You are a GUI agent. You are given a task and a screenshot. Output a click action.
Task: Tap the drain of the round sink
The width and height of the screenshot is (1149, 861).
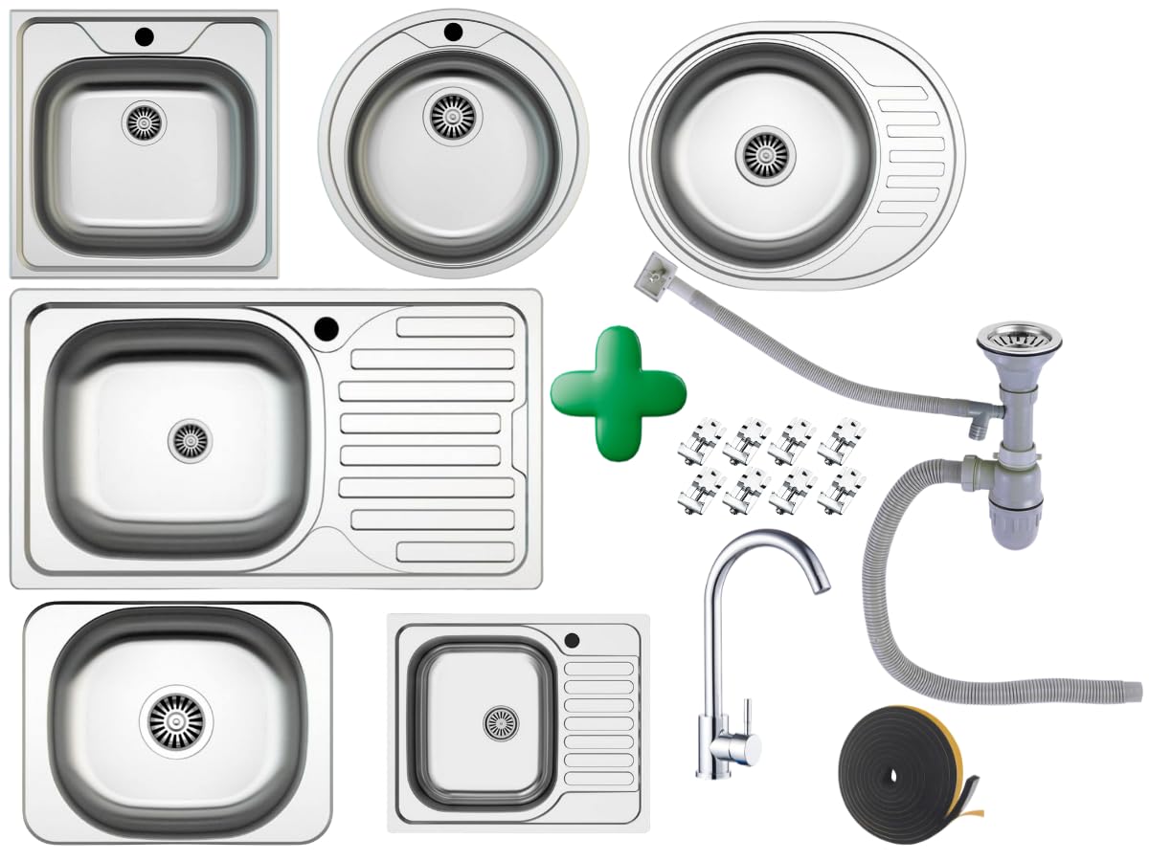(x=449, y=114)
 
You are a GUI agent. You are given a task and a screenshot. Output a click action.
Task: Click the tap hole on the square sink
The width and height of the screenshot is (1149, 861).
(x=145, y=38)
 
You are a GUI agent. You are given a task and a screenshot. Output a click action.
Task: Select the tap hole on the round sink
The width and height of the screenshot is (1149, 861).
(x=453, y=32)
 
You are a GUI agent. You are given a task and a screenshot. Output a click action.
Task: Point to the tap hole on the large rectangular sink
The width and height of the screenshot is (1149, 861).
(x=326, y=329)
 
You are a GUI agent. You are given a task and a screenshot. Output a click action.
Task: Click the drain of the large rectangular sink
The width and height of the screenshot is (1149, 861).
(x=189, y=438)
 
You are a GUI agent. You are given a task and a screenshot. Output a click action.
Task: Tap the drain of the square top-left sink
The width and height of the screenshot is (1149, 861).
(x=145, y=123)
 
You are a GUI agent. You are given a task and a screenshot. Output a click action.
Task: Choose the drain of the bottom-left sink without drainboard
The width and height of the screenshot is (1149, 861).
(x=177, y=720)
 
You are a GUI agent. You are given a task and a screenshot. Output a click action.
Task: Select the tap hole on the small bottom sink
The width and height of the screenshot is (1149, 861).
(x=573, y=639)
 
